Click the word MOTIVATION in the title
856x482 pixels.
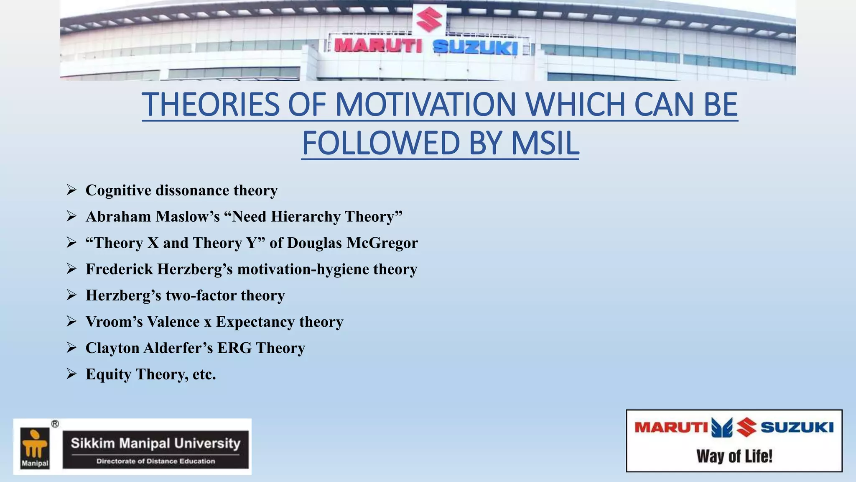(425, 104)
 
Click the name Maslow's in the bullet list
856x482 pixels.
(188, 217)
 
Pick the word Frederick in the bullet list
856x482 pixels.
(119, 269)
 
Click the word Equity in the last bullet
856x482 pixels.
(109, 374)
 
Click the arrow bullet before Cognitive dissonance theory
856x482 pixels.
(71, 190)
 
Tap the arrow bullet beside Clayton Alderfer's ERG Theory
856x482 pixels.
(71, 348)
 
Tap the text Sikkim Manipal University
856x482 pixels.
(155, 443)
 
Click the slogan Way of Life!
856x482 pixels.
(734, 456)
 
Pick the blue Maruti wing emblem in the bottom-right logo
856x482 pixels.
(722, 428)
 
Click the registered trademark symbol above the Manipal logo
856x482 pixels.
(55, 424)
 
